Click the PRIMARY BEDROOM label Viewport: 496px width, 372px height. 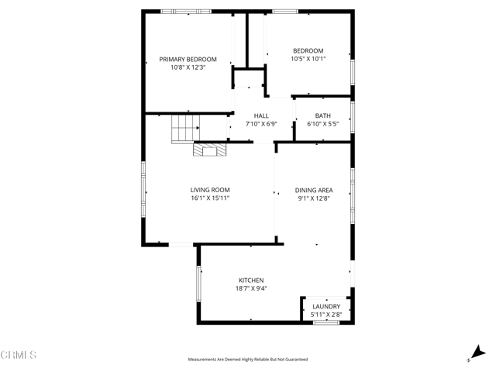pyautogui.click(x=188, y=59)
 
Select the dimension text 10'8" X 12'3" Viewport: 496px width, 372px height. pyautogui.click(x=188, y=67)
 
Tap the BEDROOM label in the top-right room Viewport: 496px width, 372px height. pyautogui.click(x=308, y=50)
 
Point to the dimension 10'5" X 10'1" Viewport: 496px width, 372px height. pyautogui.click(x=308, y=59)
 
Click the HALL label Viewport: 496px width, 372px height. pyautogui.click(x=261, y=115)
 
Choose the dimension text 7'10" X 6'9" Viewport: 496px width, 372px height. pyautogui.click(x=261, y=124)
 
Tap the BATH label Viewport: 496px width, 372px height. pyautogui.click(x=324, y=115)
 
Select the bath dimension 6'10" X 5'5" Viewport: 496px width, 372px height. pyautogui.click(x=324, y=124)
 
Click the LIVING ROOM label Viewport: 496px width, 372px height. pyautogui.click(x=210, y=190)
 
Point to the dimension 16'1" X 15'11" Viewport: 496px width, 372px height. pyautogui.click(x=210, y=198)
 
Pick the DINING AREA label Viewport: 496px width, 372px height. pyautogui.click(x=314, y=190)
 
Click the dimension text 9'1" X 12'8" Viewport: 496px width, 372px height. pyautogui.click(x=314, y=198)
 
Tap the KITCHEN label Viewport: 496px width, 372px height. pyautogui.click(x=250, y=280)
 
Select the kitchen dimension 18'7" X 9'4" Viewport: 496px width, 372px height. pyautogui.click(x=250, y=288)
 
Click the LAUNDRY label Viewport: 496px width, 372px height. pyautogui.click(x=325, y=306)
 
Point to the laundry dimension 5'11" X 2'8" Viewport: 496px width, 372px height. pyautogui.click(x=325, y=315)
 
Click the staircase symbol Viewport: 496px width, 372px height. pyautogui.click(x=185, y=128)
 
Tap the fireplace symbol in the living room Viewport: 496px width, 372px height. pyautogui.click(x=208, y=150)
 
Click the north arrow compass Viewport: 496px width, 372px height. pyautogui.click(x=474, y=354)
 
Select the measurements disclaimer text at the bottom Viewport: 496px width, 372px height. pyautogui.click(x=247, y=360)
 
